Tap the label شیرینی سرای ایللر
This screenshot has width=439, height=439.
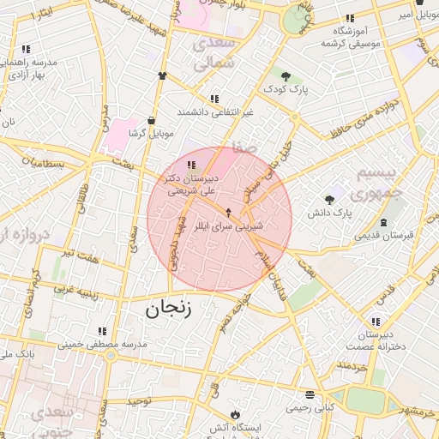[228, 228]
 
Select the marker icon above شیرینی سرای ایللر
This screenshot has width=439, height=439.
[228, 213]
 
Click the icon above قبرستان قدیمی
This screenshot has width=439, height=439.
[382, 223]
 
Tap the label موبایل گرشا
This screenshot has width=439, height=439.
[150, 134]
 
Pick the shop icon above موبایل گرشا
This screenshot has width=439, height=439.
[152, 121]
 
